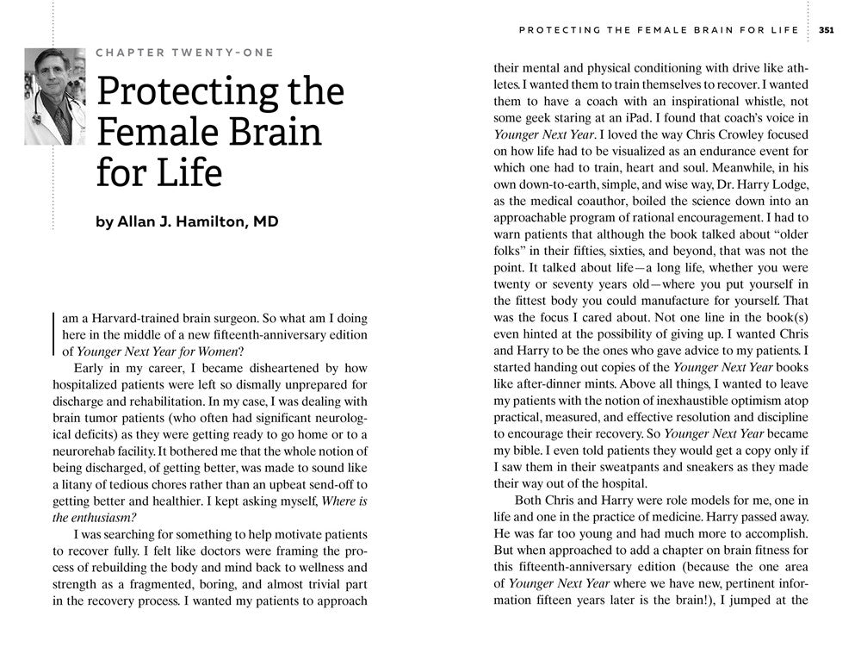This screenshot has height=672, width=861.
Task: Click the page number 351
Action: [x=826, y=29]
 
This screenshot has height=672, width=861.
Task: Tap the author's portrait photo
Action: [x=55, y=96]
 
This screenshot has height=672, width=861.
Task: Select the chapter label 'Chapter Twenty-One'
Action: [x=185, y=53]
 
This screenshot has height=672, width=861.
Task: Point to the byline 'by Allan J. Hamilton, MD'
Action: [x=187, y=221]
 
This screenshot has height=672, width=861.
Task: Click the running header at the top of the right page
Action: [x=660, y=29]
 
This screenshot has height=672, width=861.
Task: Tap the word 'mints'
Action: [x=596, y=385]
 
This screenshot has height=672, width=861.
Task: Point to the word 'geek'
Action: [x=538, y=117]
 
